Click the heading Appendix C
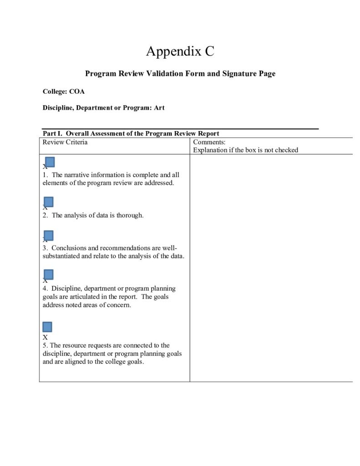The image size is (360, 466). tap(180, 51)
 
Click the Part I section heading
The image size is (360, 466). tap(131, 133)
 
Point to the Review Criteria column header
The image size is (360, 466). tap(65, 142)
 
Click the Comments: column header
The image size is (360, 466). tap(206, 142)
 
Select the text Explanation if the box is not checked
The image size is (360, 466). tap(245, 150)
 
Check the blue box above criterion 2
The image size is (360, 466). tap(49, 202)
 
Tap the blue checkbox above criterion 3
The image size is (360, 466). tap(49, 236)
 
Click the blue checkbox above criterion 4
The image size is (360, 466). tap(49, 274)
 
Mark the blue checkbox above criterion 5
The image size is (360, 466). tap(47, 327)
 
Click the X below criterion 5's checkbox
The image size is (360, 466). tap(45, 338)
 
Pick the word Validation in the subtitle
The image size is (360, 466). tap(163, 73)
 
